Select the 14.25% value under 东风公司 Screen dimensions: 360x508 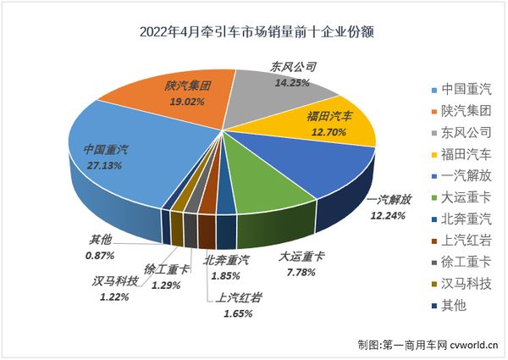(290, 83)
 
